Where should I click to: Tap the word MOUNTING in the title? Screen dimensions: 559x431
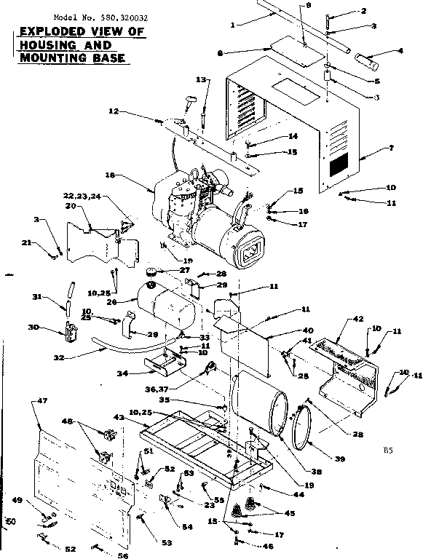tap(44, 58)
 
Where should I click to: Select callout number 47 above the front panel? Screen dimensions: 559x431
tap(41, 401)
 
